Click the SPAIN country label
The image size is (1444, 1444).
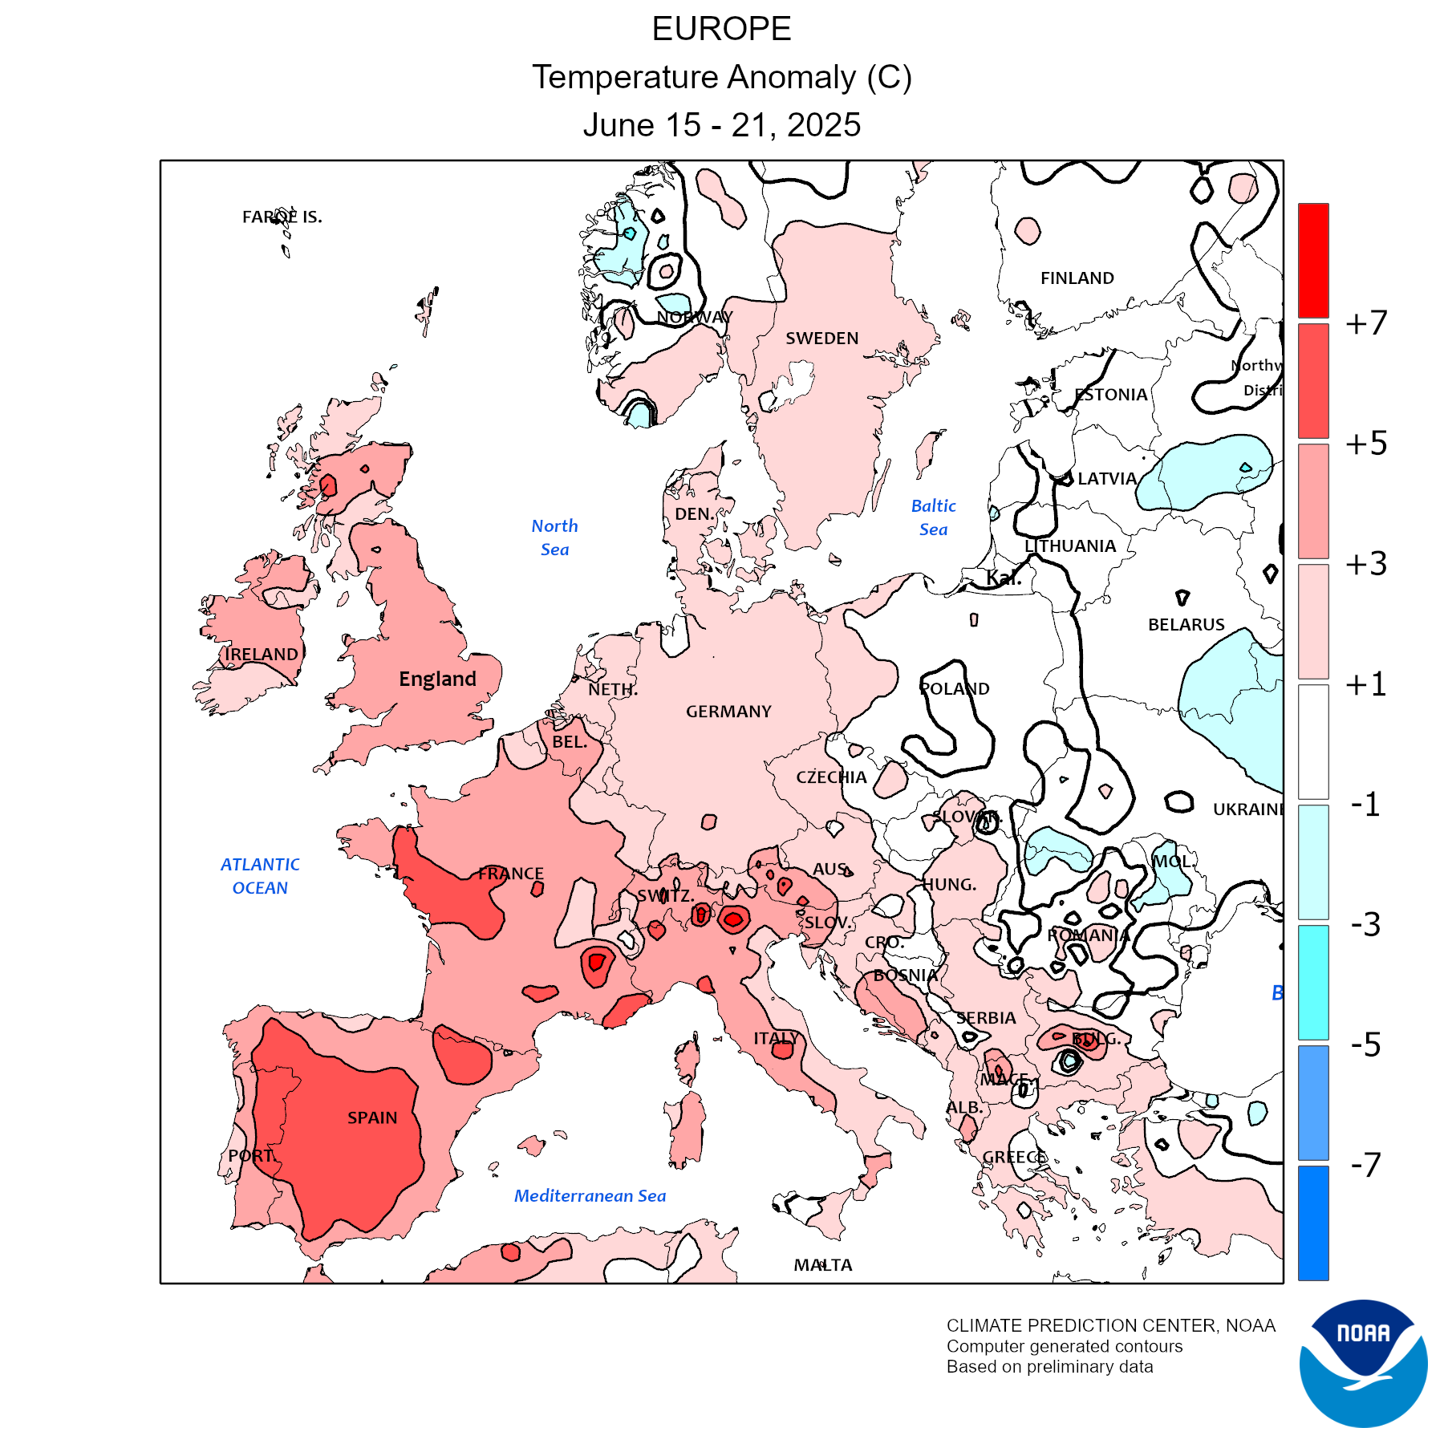point(372,1117)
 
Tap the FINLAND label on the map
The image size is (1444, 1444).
point(1077,278)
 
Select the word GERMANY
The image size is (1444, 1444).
point(728,712)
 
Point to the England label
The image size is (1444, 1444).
point(437,679)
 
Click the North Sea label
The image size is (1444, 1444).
point(554,537)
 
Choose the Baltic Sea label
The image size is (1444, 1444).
point(934,517)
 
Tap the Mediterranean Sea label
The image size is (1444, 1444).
point(590,1196)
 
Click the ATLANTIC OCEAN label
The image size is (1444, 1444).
point(260,876)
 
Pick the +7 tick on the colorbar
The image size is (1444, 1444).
point(1366,323)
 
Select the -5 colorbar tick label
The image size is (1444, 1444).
point(1366,1044)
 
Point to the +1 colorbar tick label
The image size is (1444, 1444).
point(1366,684)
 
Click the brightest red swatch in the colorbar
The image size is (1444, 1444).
point(1313,261)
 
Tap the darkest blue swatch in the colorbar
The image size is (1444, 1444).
point(1313,1223)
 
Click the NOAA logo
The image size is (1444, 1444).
point(1363,1363)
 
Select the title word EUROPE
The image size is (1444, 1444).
point(721,30)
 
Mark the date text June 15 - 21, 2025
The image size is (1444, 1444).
point(721,125)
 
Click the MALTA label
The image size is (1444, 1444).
point(823,1265)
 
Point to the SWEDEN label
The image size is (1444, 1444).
point(821,339)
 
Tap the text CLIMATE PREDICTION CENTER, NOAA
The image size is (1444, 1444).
point(1110,1326)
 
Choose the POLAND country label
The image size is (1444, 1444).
point(955,689)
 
